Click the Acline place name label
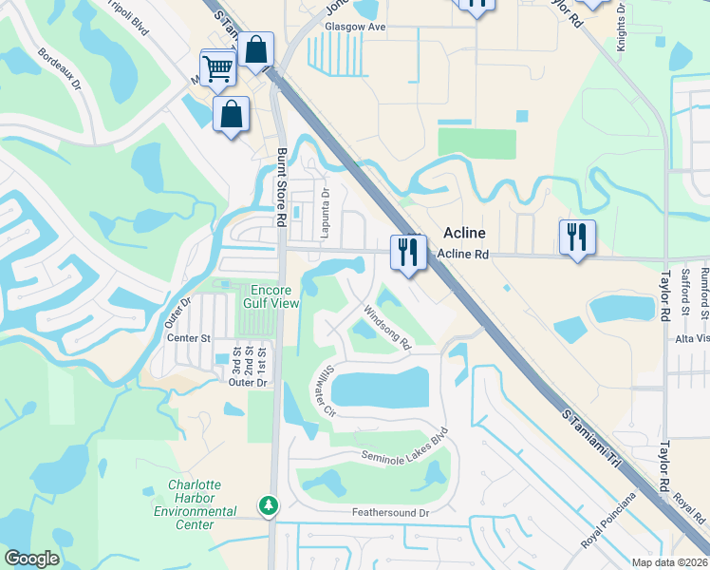coord(464,234)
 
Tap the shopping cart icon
coord(217,67)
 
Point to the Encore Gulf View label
coord(275,296)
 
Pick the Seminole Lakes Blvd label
coord(403,449)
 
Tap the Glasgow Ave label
coord(355,27)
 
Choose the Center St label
coord(188,337)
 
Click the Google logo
coord(30,559)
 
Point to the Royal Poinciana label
coord(609,521)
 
